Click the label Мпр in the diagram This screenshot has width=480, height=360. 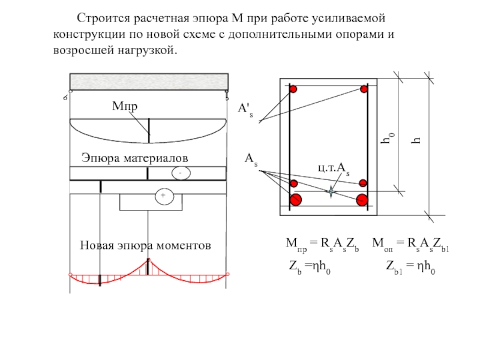[125, 107]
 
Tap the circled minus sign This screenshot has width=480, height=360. [180, 173]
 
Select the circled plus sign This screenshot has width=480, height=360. [161, 196]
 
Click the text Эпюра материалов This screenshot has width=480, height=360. [134, 157]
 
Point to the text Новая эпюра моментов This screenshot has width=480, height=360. [145, 245]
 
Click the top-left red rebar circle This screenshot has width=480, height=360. [293, 89]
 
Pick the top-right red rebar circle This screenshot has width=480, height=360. [364, 89]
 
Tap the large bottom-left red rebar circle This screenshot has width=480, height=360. [295, 200]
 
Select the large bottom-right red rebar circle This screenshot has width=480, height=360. [362, 200]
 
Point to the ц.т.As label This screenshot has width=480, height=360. [334, 169]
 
